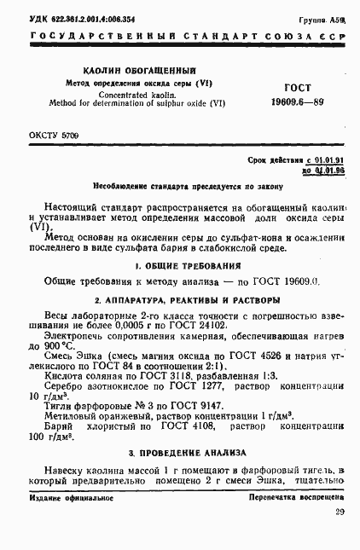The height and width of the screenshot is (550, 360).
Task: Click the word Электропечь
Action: [x=75, y=337]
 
